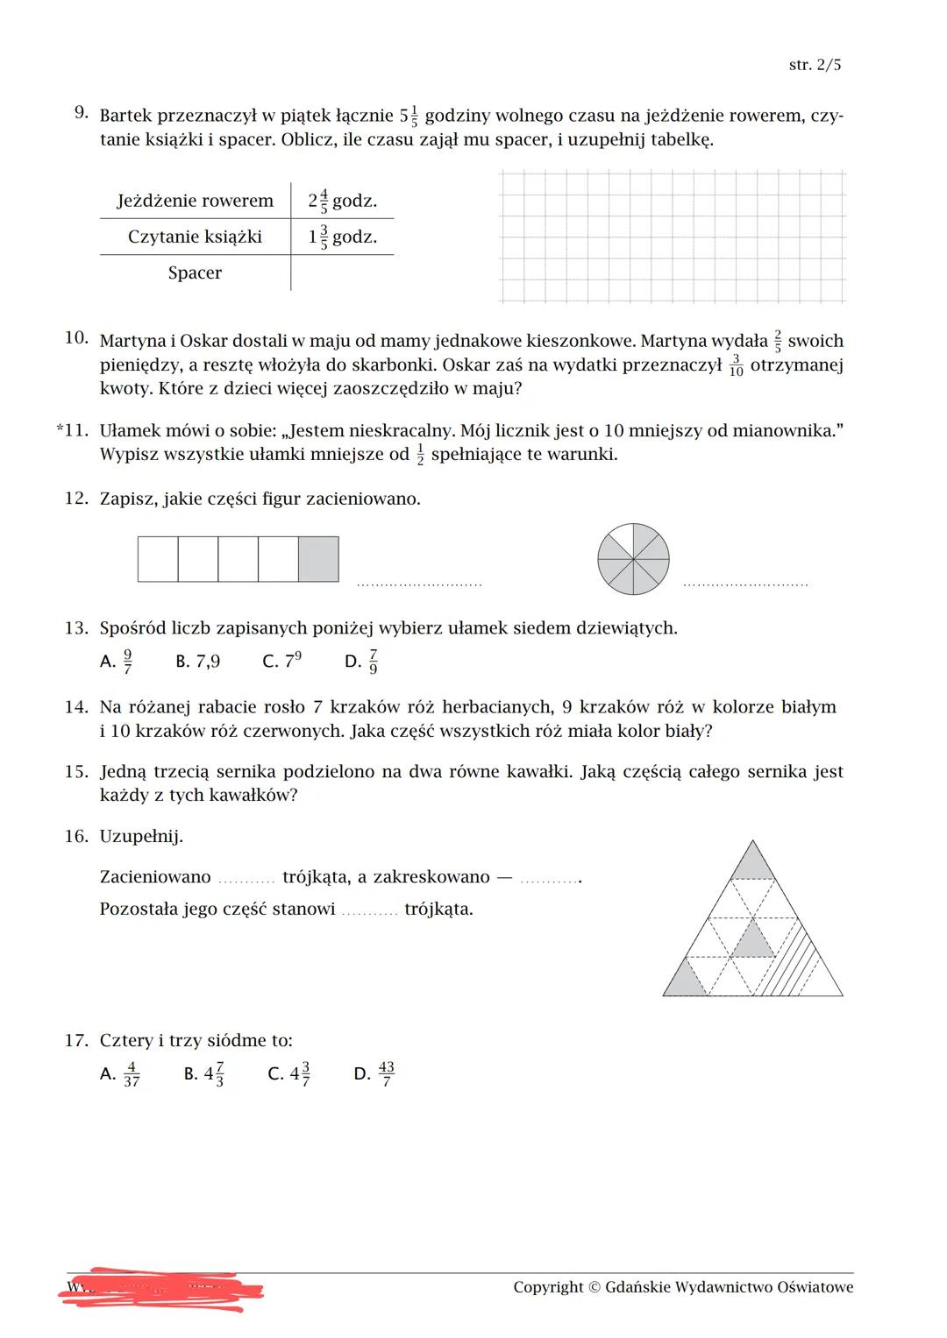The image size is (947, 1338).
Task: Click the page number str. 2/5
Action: tap(815, 66)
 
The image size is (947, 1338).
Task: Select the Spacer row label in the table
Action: tap(195, 273)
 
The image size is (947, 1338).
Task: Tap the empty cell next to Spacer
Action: tap(342, 273)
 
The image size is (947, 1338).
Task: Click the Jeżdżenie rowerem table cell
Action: tap(195, 201)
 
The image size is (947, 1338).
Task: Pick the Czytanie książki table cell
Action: tap(195, 237)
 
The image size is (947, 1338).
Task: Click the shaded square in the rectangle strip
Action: tap(318, 559)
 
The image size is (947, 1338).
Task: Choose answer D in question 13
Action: tap(362, 661)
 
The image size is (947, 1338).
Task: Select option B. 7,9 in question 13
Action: tap(198, 661)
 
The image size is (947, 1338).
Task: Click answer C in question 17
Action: tap(288, 1073)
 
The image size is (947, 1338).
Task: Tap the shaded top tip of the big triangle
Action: tap(752, 862)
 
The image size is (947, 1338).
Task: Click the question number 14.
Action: tap(76, 707)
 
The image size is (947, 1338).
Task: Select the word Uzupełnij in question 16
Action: tap(141, 836)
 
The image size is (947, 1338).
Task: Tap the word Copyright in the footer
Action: tap(548, 1287)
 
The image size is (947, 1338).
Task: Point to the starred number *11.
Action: tap(72, 431)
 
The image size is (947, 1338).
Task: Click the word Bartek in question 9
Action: tap(125, 116)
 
